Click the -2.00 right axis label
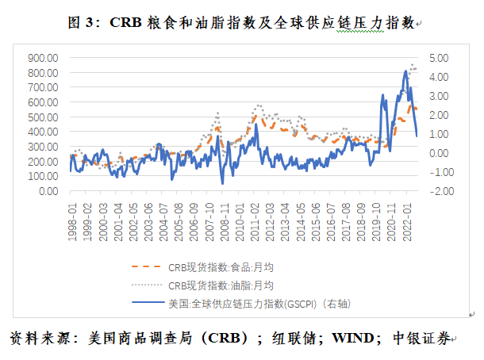point(439,191)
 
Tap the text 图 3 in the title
point(80,23)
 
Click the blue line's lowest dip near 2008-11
point(222,183)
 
